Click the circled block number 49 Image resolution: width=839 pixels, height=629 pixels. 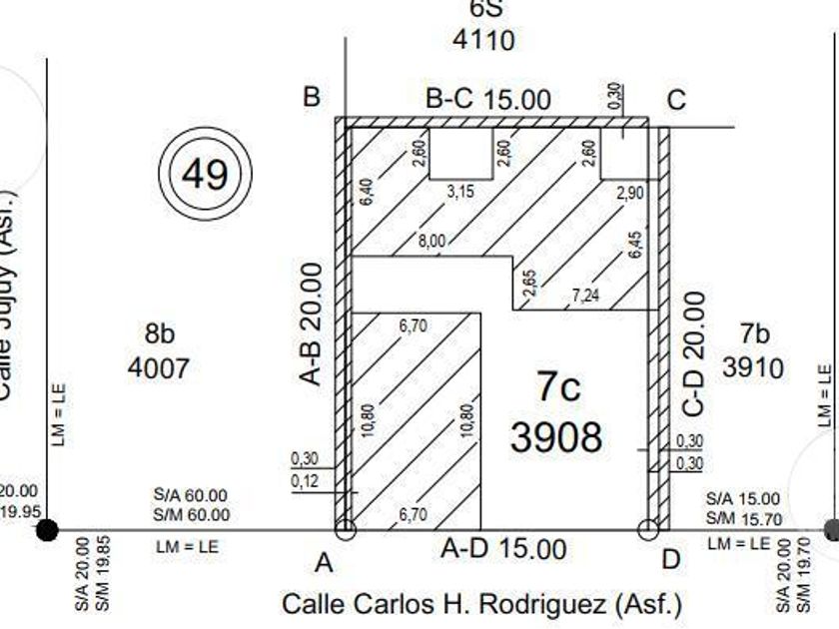point(205,175)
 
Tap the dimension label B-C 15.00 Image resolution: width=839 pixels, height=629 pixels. point(487,100)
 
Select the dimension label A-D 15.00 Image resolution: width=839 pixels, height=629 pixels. point(503,549)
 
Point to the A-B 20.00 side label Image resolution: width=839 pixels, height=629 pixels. point(312,323)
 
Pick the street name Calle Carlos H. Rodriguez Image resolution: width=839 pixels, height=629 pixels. point(482,604)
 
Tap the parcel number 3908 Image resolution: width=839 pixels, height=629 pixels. point(556,436)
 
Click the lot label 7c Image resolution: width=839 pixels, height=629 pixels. point(556,386)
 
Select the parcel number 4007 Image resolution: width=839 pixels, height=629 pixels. point(158,368)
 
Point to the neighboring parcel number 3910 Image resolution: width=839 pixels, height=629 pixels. point(753,367)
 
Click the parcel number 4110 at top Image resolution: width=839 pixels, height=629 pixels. point(483,40)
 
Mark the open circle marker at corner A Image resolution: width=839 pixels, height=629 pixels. point(345,529)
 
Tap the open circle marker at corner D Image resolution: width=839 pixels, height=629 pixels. point(647,529)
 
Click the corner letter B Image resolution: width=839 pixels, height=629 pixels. point(312,97)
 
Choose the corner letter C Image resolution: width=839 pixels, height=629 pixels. point(676,100)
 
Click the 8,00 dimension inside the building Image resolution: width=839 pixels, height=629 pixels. point(431,241)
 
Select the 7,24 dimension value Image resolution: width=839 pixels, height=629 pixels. point(587,296)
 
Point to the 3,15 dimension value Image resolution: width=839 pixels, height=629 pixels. point(460,191)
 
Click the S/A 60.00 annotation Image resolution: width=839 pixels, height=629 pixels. point(191,495)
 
